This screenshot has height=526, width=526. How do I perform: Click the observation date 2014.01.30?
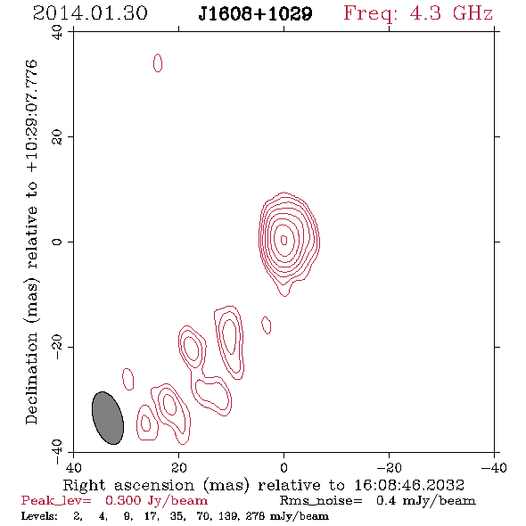[x=90, y=13]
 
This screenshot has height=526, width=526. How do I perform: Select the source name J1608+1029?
[x=255, y=14]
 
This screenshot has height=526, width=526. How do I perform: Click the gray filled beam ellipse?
[x=108, y=418]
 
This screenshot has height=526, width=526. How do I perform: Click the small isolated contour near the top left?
[x=158, y=62]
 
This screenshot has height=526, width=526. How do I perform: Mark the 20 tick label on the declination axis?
[x=57, y=137]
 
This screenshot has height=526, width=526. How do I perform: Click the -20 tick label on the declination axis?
[x=57, y=348]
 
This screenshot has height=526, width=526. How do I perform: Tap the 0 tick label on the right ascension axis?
[x=284, y=467]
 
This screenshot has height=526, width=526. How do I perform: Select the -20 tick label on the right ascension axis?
[x=389, y=467]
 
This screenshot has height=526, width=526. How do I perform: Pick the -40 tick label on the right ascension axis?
[x=494, y=467]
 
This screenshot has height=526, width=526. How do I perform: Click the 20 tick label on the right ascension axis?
[x=179, y=467]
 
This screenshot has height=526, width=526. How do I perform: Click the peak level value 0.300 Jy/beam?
[x=156, y=500]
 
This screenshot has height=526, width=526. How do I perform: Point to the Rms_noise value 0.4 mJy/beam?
[x=425, y=500]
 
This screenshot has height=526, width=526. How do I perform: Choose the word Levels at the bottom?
[x=39, y=516]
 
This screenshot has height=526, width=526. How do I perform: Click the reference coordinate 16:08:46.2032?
[x=409, y=485]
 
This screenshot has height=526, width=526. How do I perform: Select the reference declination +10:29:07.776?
[x=31, y=116]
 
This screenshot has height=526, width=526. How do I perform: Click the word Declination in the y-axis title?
[x=31, y=378]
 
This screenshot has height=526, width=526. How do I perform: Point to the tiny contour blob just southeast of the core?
[x=267, y=325]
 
